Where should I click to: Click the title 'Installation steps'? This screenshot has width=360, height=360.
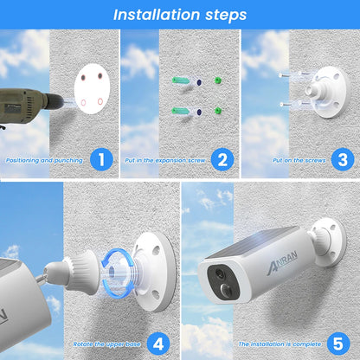tap(180, 15)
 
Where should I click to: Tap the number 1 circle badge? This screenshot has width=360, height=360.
tap(102, 159)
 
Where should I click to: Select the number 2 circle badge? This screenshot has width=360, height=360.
tap(222, 159)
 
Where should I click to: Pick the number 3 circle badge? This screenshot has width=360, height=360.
tap(342, 159)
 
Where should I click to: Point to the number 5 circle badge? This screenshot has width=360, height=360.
tap(342, 344)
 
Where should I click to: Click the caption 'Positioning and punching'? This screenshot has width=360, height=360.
tap(43, 160)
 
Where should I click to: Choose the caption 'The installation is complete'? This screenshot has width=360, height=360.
tap(275, 344)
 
